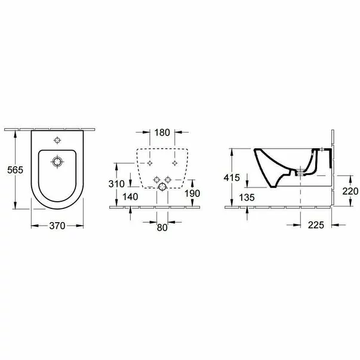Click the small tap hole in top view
(x=57, y=141)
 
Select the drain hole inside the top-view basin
(x=57, y=162)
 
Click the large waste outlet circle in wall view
(x=161, y=189)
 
